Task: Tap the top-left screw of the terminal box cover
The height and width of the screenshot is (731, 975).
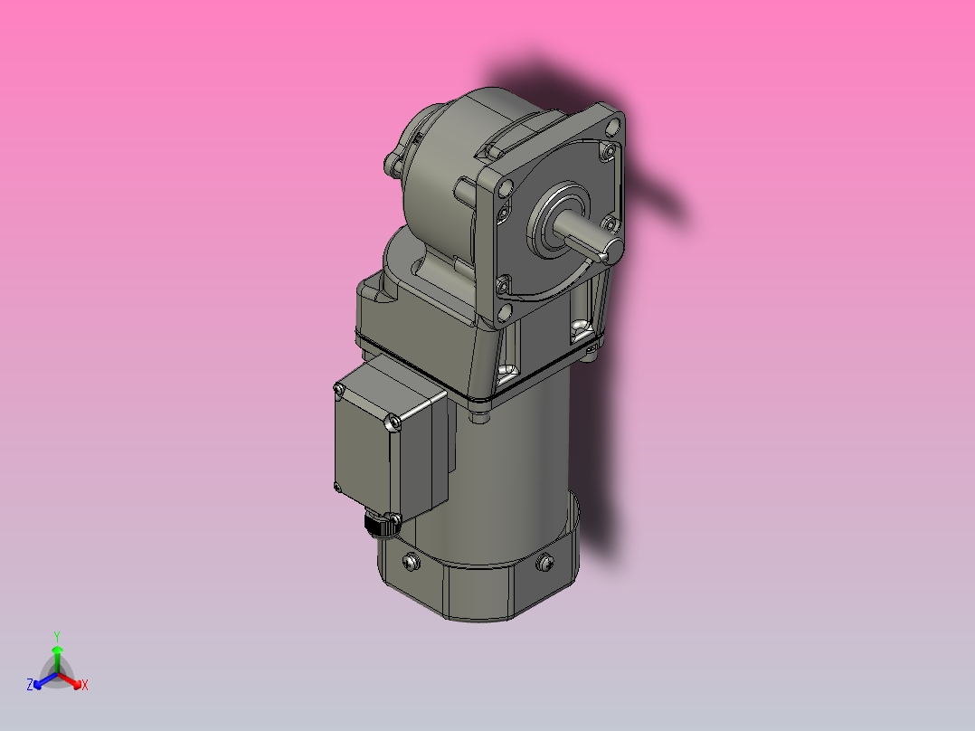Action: [x=340, y=390]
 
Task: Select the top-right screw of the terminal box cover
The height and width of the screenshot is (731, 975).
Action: [x=392, y=422]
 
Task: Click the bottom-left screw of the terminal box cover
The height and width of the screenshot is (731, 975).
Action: [x=337, y=489]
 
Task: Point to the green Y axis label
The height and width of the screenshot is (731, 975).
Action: [x=56, y=635]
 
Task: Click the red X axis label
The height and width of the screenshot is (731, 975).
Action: [x=85, y=686]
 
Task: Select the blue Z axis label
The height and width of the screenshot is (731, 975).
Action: [x=30, y=685]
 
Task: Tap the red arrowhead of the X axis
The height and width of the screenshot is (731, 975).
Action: [x=76, y=681]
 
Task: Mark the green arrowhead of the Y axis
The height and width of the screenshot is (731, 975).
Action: [x=57, y=650]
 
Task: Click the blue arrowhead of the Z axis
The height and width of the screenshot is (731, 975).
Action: [x=39, y=681]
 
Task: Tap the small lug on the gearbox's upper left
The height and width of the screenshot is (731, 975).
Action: [x=392, y=164]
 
